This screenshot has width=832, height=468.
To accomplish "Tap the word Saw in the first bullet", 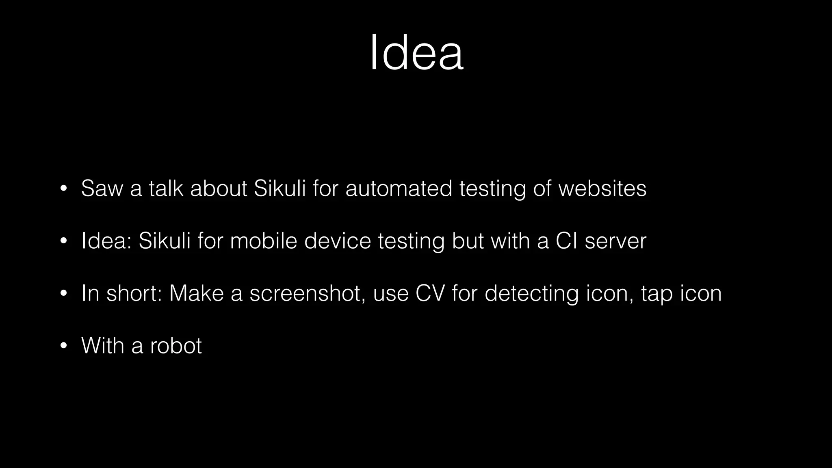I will (102, 188).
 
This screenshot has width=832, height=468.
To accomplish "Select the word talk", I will (166, 188).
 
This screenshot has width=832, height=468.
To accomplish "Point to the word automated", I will (399, 188).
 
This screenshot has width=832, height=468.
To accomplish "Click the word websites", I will (602, 188).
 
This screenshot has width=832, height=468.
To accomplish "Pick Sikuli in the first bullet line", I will (279, 188).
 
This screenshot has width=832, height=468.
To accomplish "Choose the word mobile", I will (264, 241).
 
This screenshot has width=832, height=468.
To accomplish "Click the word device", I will (338, 241).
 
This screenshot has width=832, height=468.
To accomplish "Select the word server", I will (615, 241).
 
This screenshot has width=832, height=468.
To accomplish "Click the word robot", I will (175, 346).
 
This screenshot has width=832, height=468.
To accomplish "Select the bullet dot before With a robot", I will (63, 346).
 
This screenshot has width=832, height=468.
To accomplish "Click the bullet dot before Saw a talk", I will (63, 189).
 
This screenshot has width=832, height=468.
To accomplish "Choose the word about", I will (219, 188).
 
